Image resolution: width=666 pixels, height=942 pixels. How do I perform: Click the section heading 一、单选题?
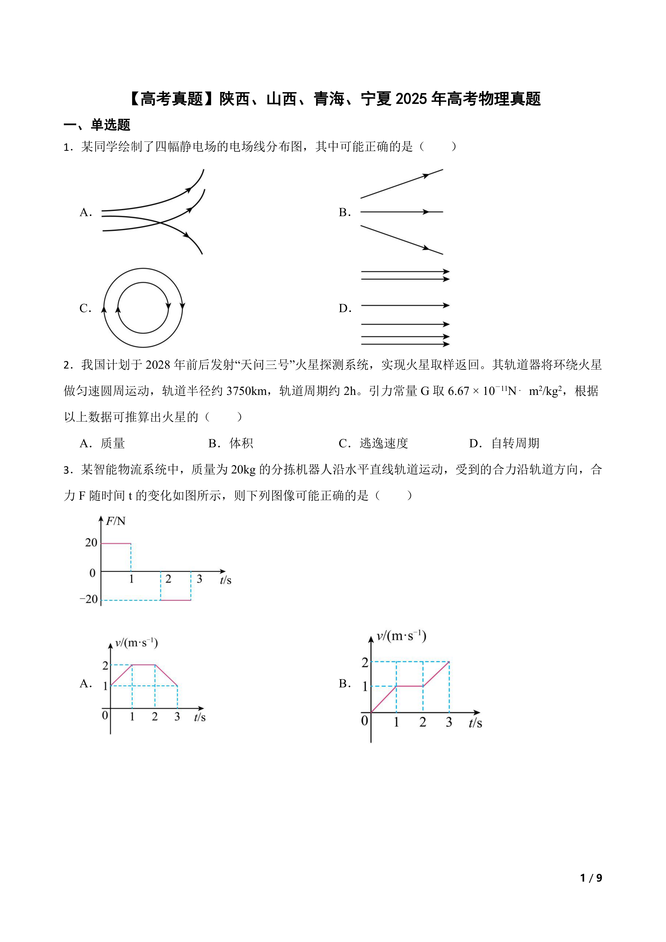pyautogui.click(x=97, y=125)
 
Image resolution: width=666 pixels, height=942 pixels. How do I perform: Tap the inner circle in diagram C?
pyautogui.click(x=143, y=283)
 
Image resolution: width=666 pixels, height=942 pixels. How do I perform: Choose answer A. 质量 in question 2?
pyautogui.click(x=102, y=443)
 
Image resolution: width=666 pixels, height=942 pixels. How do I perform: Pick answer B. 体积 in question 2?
pyautogui.click(x=231, y=443)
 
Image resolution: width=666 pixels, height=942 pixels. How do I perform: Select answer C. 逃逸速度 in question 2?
pyautogui.click(x=373, y=443)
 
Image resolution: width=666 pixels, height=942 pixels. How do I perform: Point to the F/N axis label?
pyautogui.click(x=116, y=521)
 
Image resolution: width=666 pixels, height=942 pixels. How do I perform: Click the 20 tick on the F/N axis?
pyautogui.click(x=91, y=543)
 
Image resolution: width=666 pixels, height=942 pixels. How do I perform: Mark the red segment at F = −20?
pyautogui.click(x=176, y=600)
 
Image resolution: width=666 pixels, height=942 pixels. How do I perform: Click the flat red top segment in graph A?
pyautogui.click(x=144, y=665)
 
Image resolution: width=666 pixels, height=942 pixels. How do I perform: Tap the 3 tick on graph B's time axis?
pyautogui.click(x=449, y=722)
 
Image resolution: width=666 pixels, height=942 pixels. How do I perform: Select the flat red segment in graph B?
pyautogui.click(x=409, y=686)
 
